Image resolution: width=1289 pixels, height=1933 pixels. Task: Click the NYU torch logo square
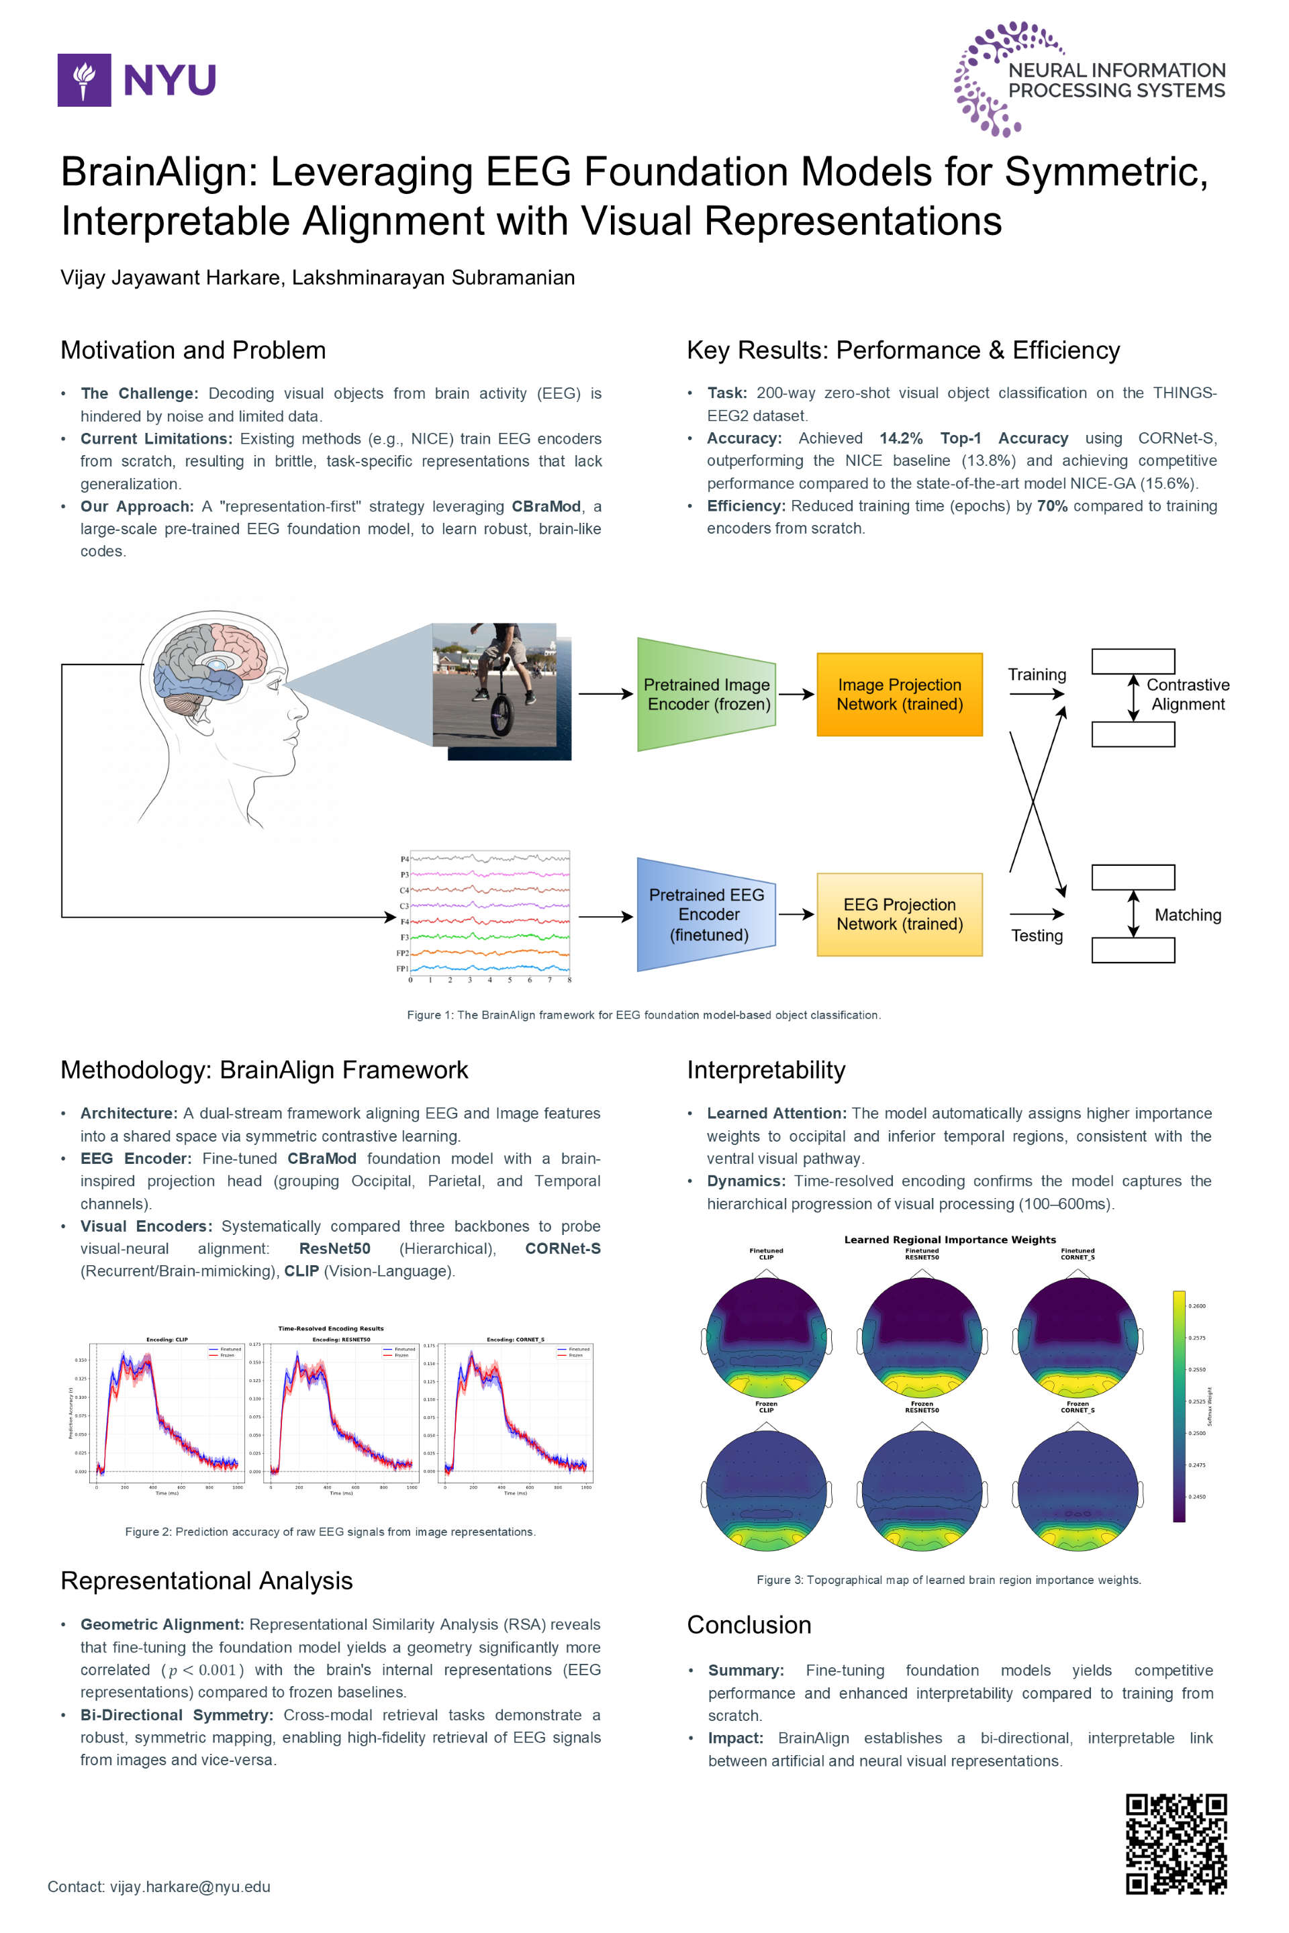[x=84, y=80]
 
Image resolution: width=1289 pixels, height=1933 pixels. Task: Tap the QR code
[x=1176, y=1844]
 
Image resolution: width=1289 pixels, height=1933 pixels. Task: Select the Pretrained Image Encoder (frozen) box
[x=706, y=695]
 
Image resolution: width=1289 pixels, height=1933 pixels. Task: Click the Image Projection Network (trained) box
[x=900, y=695]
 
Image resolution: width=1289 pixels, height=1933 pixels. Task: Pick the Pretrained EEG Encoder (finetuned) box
[x=706, y=915]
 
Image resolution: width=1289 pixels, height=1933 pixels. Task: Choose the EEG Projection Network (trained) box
[x=900, y=915]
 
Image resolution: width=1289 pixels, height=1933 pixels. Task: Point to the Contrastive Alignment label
[x=1188, y=695]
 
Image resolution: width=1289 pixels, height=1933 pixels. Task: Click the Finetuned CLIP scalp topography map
[x=766, y=1337]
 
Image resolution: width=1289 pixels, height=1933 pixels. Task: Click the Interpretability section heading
[x=766, y=1070]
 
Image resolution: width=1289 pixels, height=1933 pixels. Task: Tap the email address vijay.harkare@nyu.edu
[x=190, y=1886]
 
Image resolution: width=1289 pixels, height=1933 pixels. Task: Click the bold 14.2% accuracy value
[x=901, y=438]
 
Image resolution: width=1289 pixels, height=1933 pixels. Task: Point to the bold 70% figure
[x=1052, y=505]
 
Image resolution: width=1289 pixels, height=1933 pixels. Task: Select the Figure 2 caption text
[x=330, y=1531]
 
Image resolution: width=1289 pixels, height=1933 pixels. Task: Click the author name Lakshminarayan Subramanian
[x=433, y=278]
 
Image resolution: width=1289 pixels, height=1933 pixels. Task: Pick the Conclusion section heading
[x=749, y=1625]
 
